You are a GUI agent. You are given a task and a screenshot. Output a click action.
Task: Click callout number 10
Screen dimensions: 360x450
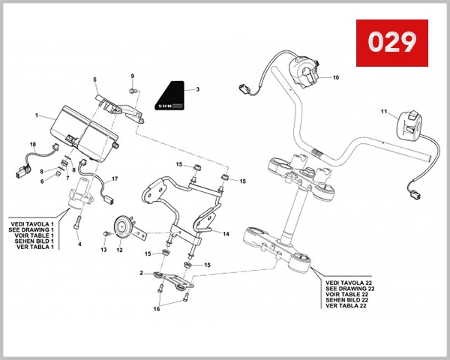(x=335, y=77)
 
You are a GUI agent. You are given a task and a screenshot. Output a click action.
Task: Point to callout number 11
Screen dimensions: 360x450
(x=382, y=112)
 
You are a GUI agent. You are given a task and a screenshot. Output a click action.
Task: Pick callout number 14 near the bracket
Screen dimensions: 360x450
(x=226, y=234)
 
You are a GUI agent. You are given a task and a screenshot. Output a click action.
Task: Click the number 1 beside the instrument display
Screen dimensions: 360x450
(x=35, y=115)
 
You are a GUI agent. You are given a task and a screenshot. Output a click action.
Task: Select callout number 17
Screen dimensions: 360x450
(x=115, y=179)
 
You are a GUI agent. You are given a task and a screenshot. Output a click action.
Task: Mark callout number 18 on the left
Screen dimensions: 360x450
(x=32, y=143)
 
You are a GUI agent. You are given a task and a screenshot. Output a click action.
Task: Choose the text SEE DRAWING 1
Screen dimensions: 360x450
(x=32, y=229)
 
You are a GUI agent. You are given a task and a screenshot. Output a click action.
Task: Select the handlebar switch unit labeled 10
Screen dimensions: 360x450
(x=309, y=73)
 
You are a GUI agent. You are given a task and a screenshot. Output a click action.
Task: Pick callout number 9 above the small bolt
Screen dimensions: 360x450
(x=132, y=76)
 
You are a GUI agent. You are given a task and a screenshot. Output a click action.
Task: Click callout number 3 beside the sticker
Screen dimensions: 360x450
(x=197, y=89)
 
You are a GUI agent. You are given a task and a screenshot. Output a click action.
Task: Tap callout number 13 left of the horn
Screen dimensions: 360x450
(x=104, y=250)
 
